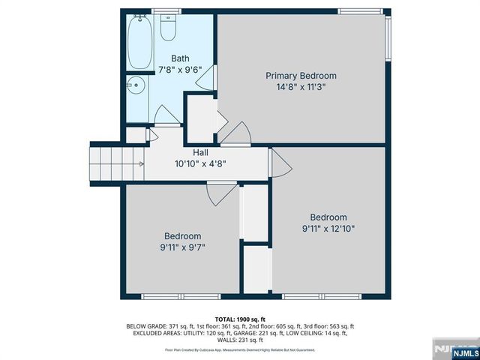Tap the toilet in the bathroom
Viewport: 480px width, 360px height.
click(168, 28)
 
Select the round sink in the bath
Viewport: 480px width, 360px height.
click(135, 85)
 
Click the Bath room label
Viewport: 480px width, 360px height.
click(180, 58)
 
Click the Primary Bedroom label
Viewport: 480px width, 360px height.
click(301, 76)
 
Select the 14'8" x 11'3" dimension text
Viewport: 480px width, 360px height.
click(301, 86)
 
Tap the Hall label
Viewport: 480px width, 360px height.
click(200, 153)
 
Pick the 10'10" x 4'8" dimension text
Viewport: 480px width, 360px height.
click(200, 163)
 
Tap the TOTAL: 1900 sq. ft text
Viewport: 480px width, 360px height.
click(240, 319)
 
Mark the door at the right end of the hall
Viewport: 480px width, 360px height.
click(279, 163)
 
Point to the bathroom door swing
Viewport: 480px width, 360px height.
click(166, 115)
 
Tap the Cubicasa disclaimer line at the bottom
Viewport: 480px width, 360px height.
click(240, 349)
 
